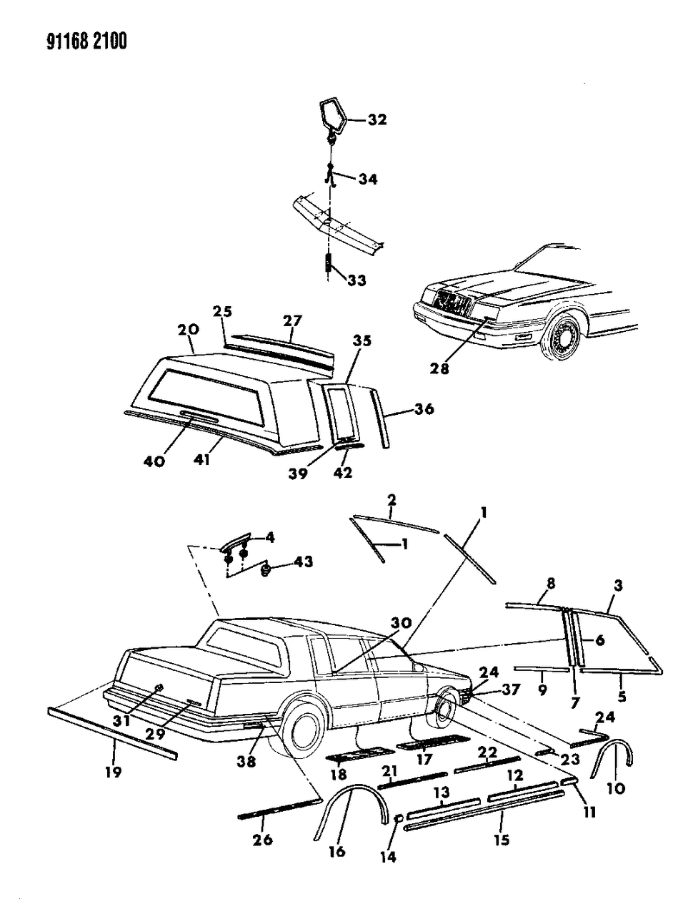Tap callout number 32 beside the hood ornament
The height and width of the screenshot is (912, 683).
377,120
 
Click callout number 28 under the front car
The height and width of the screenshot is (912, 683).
439,368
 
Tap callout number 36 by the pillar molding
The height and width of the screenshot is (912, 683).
424,409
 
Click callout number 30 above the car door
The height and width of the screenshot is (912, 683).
402,623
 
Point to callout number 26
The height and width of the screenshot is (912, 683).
263,839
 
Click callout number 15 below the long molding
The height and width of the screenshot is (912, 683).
502,840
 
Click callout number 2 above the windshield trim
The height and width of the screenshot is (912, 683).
392,499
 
